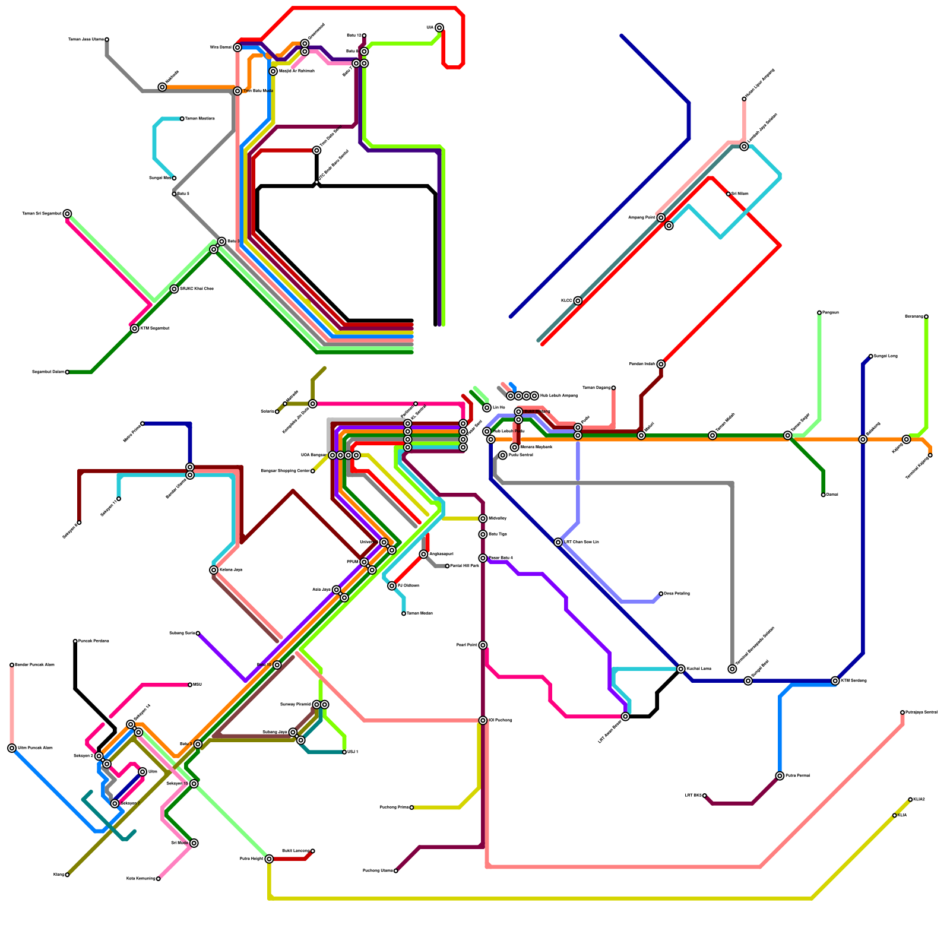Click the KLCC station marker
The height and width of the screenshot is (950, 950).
tap(578, 301)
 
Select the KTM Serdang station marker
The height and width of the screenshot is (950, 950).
tap(835, 681)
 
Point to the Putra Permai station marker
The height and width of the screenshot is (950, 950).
tap(780, 776)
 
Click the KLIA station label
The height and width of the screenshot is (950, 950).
tap(902, 815)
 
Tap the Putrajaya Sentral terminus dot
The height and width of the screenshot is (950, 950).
tap(902, 712)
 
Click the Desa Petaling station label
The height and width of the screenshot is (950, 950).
tap(676, 593)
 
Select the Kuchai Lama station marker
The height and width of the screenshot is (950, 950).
tap(681, 669)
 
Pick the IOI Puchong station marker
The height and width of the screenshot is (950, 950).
tap(483, 720)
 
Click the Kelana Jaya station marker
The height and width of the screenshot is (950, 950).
tap(214, 570)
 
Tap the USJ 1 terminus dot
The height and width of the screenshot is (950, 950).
tap(344, 752)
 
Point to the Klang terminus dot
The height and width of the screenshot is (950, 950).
tap(67, 875)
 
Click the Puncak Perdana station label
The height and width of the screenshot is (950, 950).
tap(94, 641)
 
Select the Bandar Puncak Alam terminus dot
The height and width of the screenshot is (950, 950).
tap(12, 665)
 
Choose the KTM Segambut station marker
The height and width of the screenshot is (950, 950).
tap(135, 328)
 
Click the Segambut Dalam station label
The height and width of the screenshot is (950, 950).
tap(47, 372)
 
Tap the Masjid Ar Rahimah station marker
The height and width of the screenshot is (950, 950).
tap(273, 71)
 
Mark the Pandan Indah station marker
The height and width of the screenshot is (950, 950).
tap(661, 364)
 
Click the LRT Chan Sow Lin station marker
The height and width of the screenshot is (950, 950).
tap(558, 542)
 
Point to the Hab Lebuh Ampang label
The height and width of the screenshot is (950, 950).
tap(559, 395)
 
